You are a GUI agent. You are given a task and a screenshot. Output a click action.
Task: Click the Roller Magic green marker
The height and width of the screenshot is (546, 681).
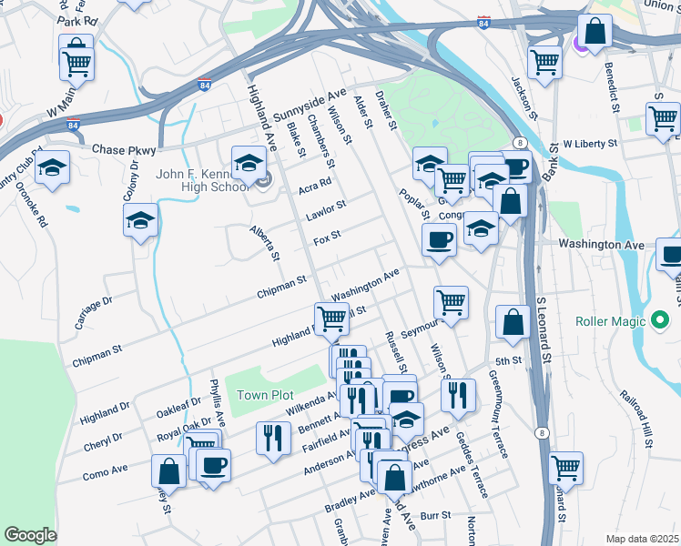(661, 321)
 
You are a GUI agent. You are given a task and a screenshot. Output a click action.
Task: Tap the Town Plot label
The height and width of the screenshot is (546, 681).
(265, 395)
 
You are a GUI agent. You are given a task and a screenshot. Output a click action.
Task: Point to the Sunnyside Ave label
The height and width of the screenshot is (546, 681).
(310, 106)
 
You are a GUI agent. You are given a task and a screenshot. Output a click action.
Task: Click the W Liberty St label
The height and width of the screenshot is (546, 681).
(589, 144)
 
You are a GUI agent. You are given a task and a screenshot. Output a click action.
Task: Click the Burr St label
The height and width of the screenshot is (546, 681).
(441, 515)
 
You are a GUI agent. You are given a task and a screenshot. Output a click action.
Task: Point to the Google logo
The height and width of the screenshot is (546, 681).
(30, 535)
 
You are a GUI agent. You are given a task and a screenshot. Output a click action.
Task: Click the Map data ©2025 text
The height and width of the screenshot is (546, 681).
(642, 539)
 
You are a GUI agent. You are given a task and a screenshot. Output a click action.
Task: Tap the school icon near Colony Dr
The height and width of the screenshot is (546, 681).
(141, 220)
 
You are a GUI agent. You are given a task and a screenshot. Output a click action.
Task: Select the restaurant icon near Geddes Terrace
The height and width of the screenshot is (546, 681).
(458, 395)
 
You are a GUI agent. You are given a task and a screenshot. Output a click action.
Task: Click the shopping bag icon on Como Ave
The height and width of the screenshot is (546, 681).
(168, 470)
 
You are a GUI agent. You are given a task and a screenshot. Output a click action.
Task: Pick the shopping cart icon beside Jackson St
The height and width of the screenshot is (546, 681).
(544, 62)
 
